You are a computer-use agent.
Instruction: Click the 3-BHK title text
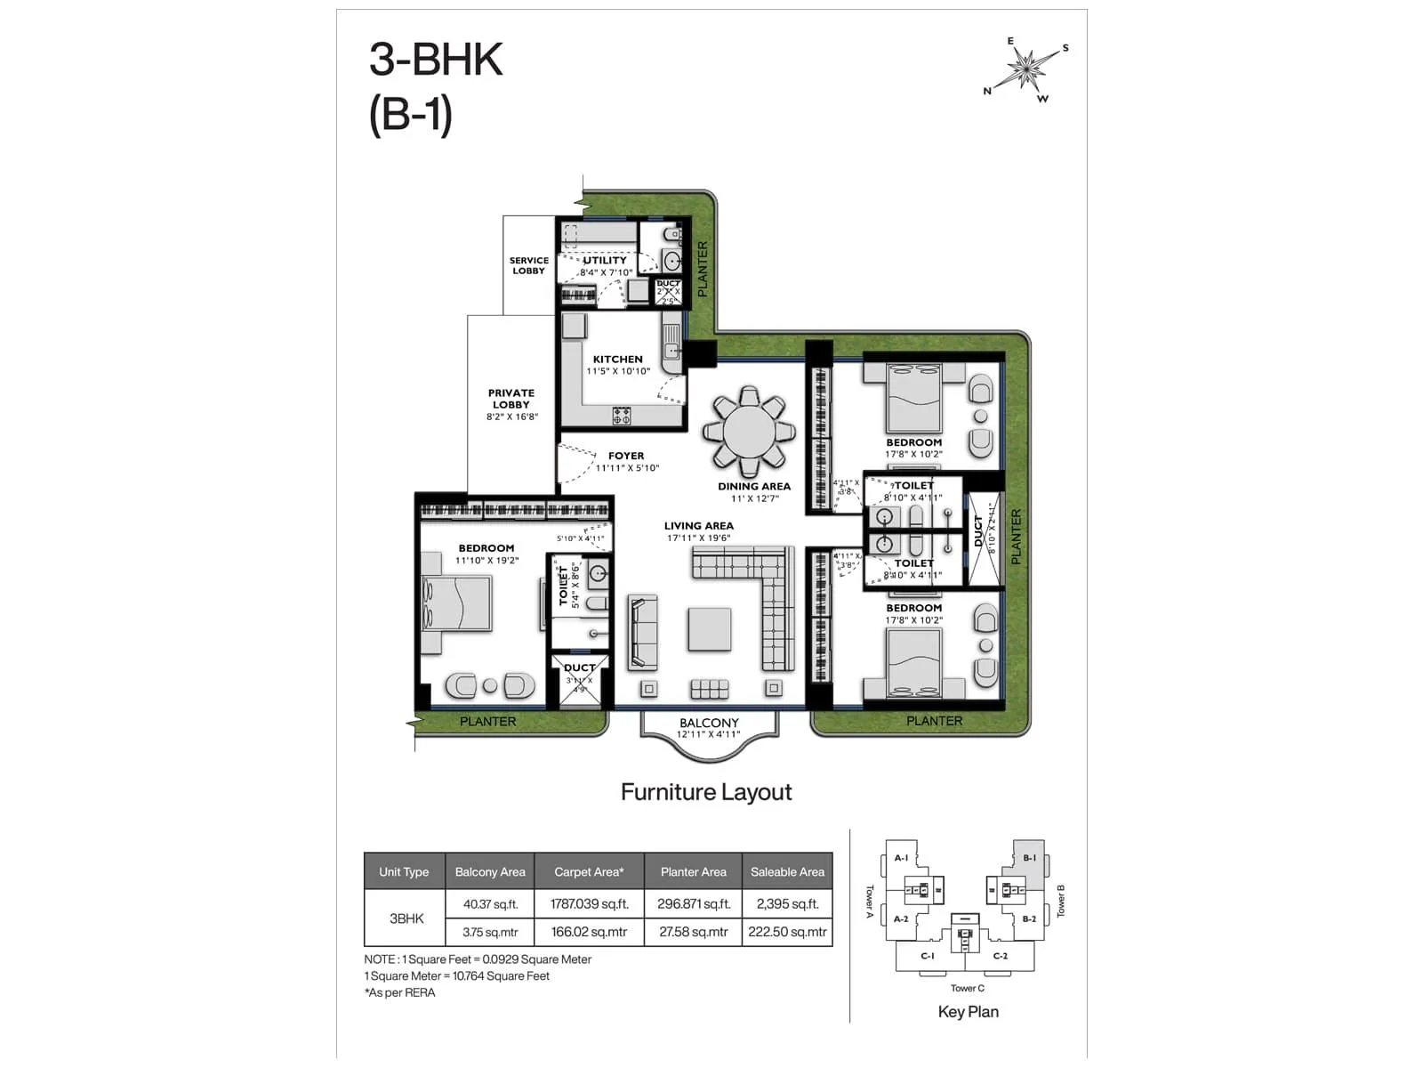436,61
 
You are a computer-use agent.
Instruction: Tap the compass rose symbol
1026,69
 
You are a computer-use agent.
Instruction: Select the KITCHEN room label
617,360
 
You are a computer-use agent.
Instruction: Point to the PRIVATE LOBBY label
511,399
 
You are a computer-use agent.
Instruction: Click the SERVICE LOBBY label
528,265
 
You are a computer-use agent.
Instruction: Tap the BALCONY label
709,723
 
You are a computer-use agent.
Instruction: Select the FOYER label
626,456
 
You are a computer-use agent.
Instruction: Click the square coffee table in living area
709,630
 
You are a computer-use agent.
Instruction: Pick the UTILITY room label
605,261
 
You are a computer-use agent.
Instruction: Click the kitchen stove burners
622,415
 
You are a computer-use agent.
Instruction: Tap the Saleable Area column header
787,872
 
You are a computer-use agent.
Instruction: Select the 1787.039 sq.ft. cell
589,904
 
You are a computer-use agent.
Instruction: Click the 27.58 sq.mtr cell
693,932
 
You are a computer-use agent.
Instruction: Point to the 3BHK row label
406,918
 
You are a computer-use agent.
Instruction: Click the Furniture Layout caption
706,792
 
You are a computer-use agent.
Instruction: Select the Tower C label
967,988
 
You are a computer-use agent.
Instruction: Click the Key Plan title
968,1012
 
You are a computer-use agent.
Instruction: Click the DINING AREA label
754,487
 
